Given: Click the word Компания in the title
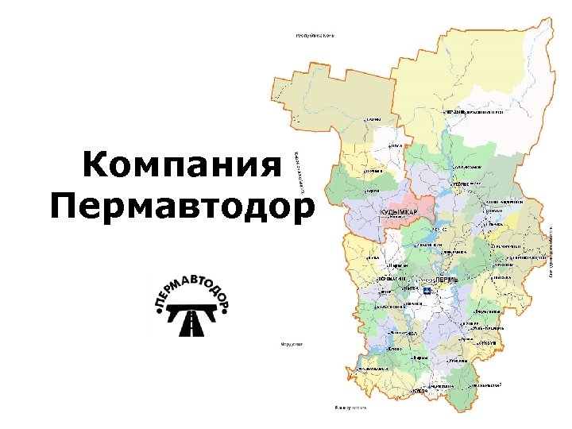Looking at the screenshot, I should [x=182, y=166].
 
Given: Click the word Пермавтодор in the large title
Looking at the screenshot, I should [x=182, y=207].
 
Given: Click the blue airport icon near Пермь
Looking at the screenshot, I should [x=427, y=292].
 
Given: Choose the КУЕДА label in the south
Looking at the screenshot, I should [x=421, y=392].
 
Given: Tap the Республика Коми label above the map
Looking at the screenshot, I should [x=313, y=36].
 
